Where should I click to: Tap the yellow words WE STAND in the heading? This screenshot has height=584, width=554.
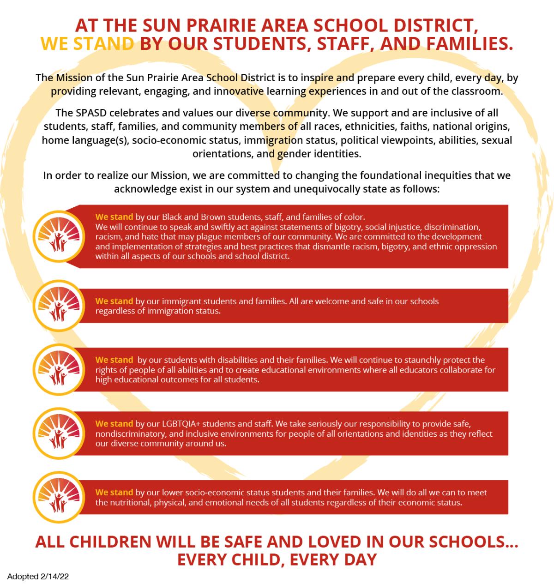click(87, 44)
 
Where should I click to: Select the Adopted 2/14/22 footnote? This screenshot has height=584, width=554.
click(38, 576)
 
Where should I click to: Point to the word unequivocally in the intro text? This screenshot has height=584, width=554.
click(321, 189)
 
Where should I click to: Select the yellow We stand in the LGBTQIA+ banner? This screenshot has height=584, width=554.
click(114, 424)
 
